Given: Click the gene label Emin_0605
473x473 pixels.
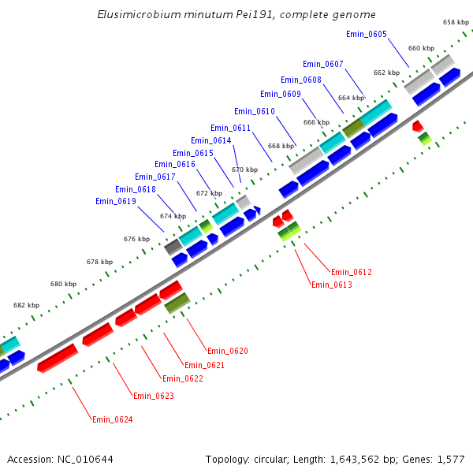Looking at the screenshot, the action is coord(367,34).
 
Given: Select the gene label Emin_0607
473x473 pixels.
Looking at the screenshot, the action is coord(323,64).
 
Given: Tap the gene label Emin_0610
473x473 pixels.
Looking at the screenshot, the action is coord(255,111).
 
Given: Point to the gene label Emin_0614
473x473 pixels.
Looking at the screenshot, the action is coord(211,140).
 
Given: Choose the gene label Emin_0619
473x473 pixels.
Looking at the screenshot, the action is coord(116,201).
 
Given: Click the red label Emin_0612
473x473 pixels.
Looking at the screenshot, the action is coord(352,272).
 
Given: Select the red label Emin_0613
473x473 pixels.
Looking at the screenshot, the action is coord(332,285).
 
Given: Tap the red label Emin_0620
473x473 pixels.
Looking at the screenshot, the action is coord(228,351).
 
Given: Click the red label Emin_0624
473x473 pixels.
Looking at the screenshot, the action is coord(113,419).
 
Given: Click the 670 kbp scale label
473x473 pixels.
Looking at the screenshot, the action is coord(244,169).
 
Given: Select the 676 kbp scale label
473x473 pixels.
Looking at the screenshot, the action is coord(136,239).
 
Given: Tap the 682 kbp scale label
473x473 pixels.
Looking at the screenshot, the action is coord(26,305).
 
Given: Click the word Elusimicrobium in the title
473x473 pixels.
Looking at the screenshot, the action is coord(135,15).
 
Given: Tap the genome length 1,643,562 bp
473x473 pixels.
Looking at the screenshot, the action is coord(363,459).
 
